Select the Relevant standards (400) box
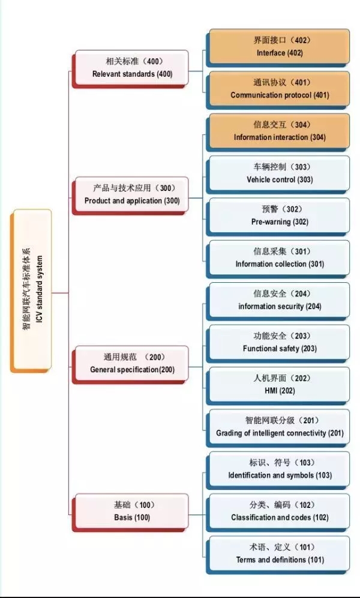[131, 68]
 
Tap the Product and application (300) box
[131, 195]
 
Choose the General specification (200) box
[131, 364]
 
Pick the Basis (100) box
[131, 512]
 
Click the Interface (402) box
[279, 47]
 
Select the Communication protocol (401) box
[279, 89]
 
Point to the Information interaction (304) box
[279, 131]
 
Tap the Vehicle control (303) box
[279, 174]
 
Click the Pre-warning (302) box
[279, 216]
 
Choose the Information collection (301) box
[279, 258]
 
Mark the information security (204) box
[279, 300]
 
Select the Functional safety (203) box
[279, 342]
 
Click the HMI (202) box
[279, 385]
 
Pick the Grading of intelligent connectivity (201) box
[279, 427]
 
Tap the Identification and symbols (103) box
[279, 469]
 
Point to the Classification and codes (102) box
[279, 512]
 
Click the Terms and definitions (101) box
[279, 554]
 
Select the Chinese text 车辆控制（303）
[280, 167]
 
